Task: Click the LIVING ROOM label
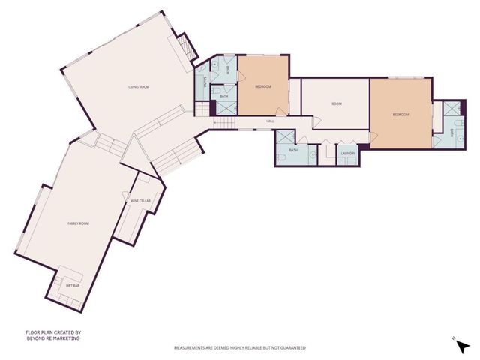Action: (138, 88)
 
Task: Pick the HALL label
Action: (270, 121)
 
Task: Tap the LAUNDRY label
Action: (347, 154)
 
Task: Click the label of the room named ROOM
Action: (337, 104)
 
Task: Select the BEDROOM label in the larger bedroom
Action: (401, 114)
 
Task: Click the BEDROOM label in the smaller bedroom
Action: (262, 87)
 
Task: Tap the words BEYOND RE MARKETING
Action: (52, 338)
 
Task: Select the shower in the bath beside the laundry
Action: (285, 139)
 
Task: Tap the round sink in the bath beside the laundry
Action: (312, 155)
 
